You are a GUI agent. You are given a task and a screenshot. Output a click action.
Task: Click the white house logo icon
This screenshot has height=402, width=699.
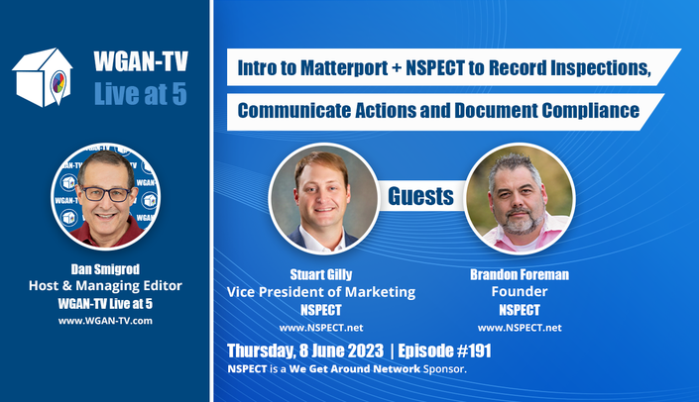(x=43, y=77)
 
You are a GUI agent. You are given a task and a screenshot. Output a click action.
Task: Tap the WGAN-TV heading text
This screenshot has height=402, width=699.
(x=141, y=61)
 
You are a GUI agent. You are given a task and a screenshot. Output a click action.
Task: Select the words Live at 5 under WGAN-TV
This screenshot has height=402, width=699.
(x=141, y=94)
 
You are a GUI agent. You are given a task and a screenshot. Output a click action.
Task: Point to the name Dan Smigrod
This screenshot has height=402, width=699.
(x=105, y=269)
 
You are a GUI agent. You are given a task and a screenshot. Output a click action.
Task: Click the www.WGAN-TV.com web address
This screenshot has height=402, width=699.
(x=105, y=321)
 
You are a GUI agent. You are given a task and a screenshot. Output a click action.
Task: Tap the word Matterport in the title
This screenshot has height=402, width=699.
(x=344, y=68)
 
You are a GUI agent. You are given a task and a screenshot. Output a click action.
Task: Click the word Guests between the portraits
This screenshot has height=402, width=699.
(x=420, y=196)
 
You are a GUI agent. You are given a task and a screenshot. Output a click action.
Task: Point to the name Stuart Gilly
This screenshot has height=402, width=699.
(x=321, y=274)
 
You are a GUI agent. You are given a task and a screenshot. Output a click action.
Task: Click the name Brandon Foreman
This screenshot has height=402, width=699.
(x=520, y=274)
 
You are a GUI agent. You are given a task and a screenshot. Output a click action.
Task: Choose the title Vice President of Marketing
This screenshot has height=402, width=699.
(x=321, y=292)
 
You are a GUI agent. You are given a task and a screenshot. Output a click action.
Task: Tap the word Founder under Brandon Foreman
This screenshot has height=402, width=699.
(x=520, y=291)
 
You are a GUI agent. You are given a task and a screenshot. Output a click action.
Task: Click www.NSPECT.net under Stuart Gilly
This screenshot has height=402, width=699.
(x=321, y=328)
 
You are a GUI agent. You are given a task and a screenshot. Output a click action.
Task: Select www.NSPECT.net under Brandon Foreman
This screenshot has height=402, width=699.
(x=520, y=328)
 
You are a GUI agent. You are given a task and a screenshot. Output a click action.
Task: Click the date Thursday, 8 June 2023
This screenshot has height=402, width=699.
(x=305, y=351)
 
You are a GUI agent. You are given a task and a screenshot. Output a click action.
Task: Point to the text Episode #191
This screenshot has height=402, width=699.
(x=444, y=351)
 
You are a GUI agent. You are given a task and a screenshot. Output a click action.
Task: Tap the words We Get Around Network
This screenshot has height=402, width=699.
(x=354, y=369)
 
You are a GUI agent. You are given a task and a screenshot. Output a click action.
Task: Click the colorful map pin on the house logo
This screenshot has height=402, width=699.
(x=58, y=84)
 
